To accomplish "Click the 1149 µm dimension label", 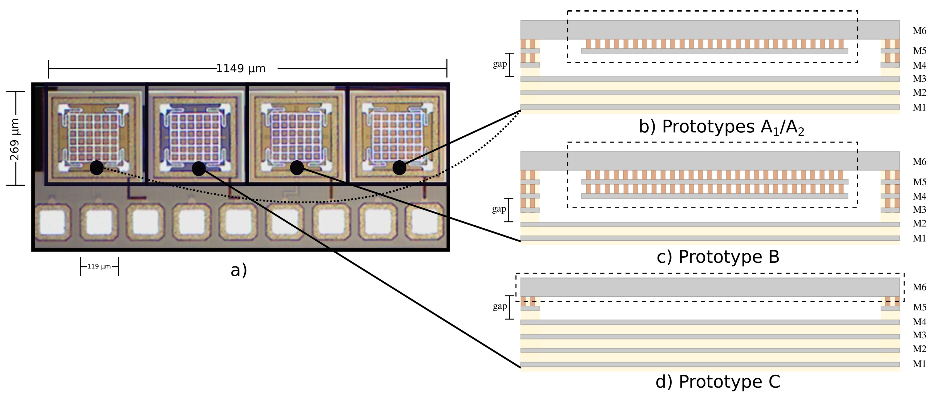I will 240,68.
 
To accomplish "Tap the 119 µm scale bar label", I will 99,266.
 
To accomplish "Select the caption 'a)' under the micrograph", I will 238,270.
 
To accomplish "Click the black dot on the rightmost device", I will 399,168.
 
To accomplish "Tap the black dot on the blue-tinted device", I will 199,168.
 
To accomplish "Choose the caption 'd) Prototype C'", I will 717,382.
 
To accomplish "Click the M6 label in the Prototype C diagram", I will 919,287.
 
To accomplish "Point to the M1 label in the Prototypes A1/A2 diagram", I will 919,108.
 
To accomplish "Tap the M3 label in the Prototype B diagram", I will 919,210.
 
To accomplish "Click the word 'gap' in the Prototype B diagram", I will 499,209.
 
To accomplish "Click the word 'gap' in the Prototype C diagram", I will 500,306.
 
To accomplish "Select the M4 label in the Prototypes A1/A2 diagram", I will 919,65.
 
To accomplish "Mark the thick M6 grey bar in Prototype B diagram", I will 710,161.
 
